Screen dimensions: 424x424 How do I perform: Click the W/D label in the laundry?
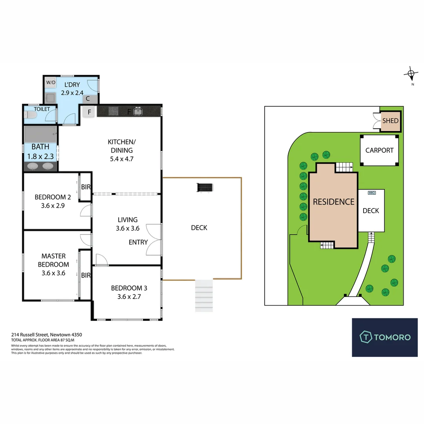pyautogui.click(x=51, y=82)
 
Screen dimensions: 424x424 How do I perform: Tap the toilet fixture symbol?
pyautogui.click(x=30, y=115)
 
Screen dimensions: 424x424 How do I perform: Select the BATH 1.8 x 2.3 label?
pyautogui.click(x=40, y=151)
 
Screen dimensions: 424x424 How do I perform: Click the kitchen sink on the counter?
pyautogui.click(x=138, y=111)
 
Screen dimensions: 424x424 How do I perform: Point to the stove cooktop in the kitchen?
pyautogui.click(x=114, y=111)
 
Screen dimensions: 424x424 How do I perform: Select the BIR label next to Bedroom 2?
pyautogui.click(x=86, y=187)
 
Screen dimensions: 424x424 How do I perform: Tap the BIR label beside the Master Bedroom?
pyautogui.click(x=86, y=276)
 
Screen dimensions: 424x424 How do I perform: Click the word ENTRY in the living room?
pyautogui.click(x=138, y=242)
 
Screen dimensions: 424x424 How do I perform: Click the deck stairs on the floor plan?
pyautogui.click(x=204, y=296)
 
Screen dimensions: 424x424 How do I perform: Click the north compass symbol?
pyautogui.click(x=411, y=73)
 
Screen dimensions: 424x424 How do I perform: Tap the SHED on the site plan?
pyautogui.click(x=390, y=121)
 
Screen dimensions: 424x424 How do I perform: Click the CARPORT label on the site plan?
pyautogui.click(x=379, y=150)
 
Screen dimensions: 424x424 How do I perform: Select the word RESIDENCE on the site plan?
pyautogui.click(x=333, y=202)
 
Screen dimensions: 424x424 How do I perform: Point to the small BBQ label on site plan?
pyautogui.click(x=371, y=193)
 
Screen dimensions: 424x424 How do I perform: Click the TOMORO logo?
pyautogui.click(x=385, y=337)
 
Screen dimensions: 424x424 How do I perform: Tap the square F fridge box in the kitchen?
pyautogui.click(x=89, y=112)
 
